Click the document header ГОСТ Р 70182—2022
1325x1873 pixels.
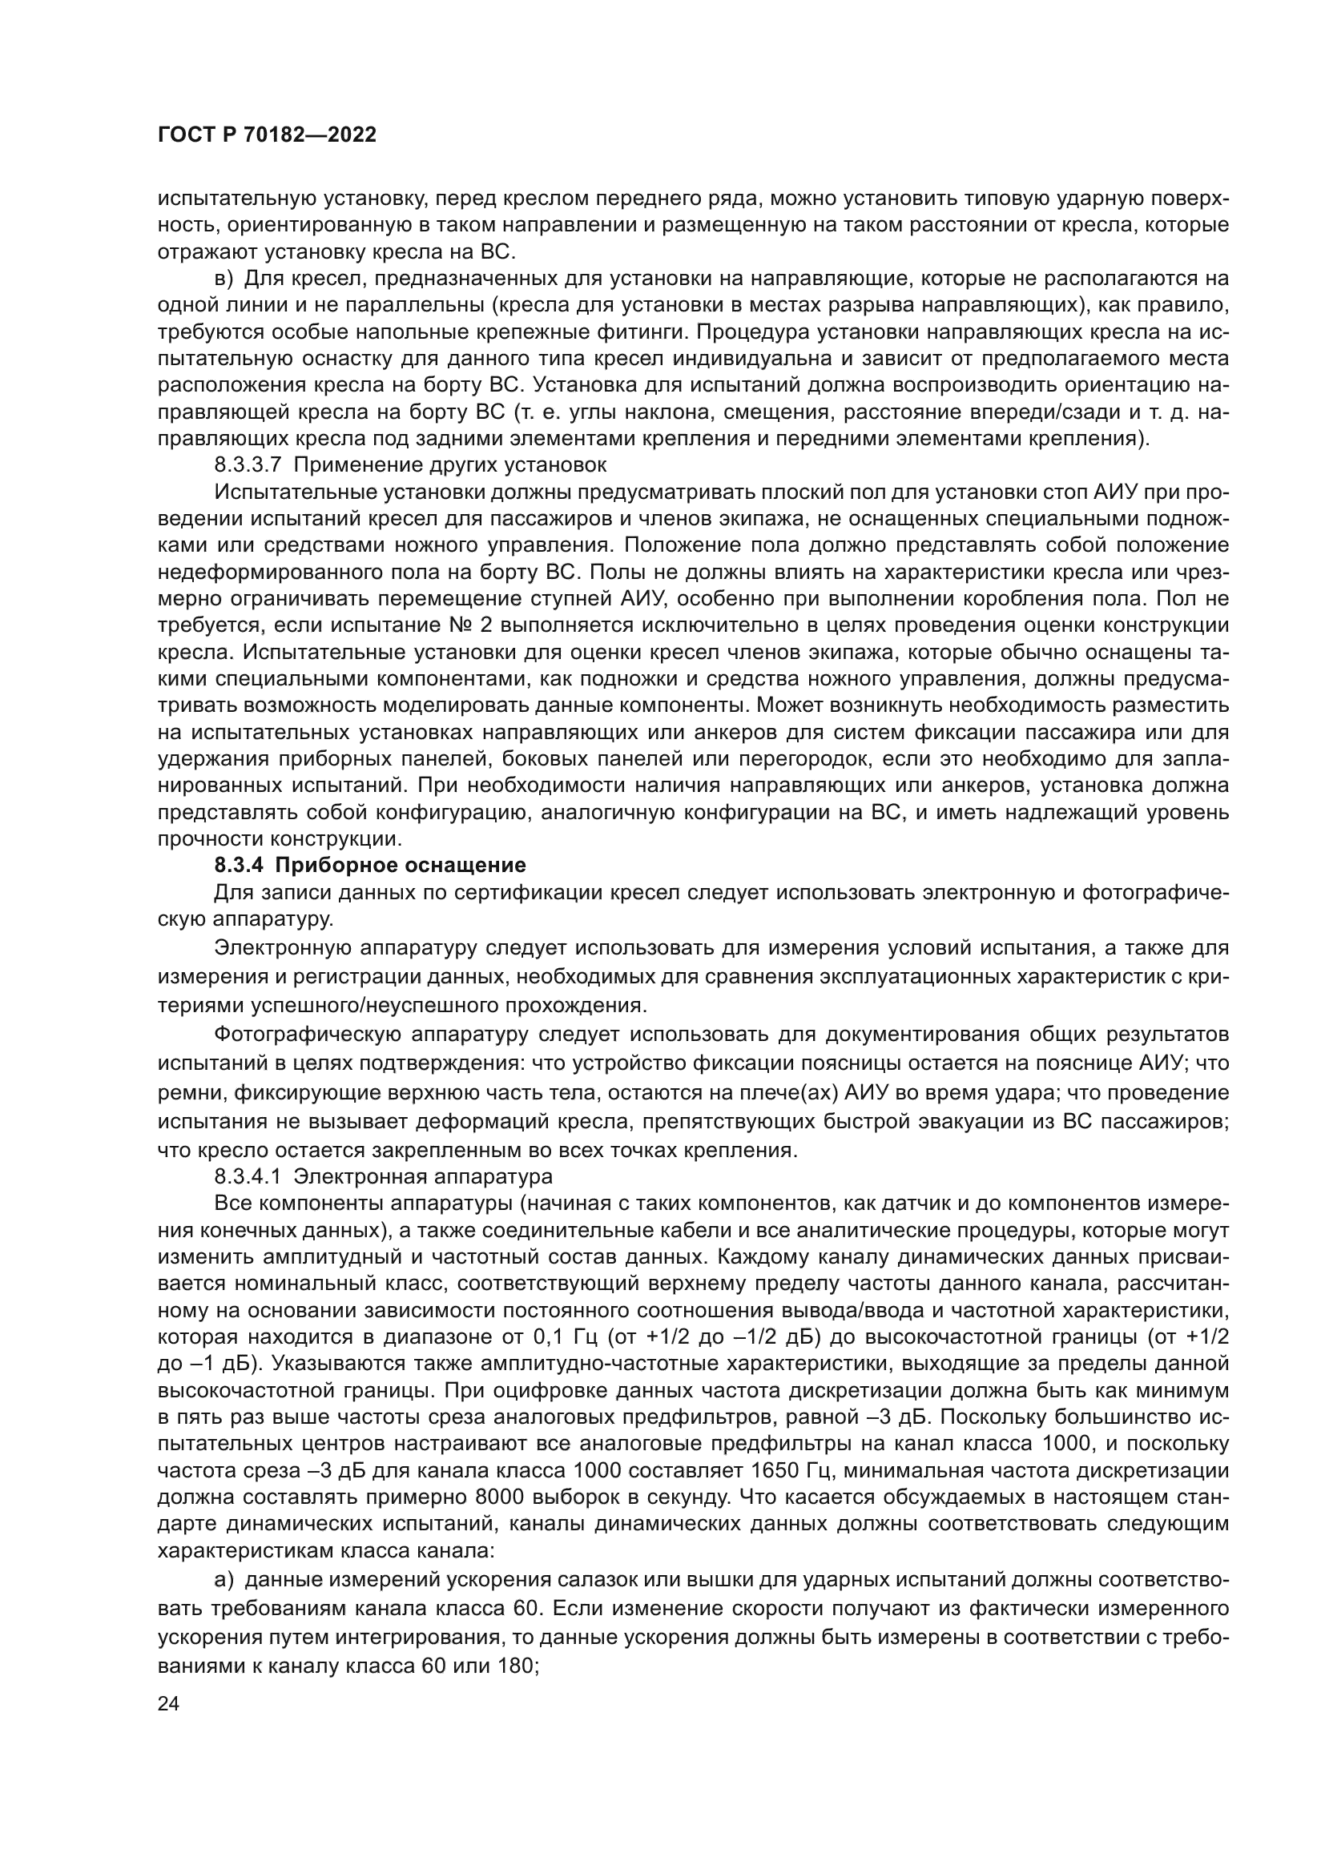pyautogui.click(x=267, y=135)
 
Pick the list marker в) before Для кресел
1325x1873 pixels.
pyautogui.click(x=224, y=279)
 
